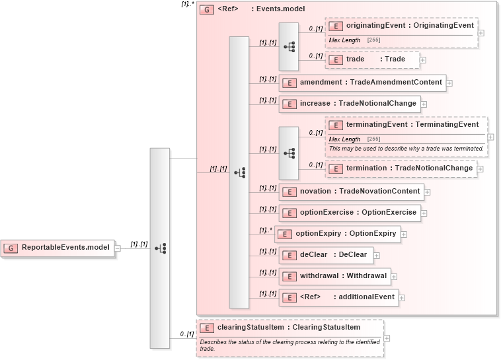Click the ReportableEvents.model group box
click(58, 248)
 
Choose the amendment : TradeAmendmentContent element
click(362, 83)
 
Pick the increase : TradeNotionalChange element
click(350, 104)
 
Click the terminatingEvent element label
click(412, 125)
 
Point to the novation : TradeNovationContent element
click(351, 192)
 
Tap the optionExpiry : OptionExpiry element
click(336, 234)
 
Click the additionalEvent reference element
click(338, 297)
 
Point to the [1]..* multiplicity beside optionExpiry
click(266, 230)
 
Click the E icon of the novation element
click(289, 192)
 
